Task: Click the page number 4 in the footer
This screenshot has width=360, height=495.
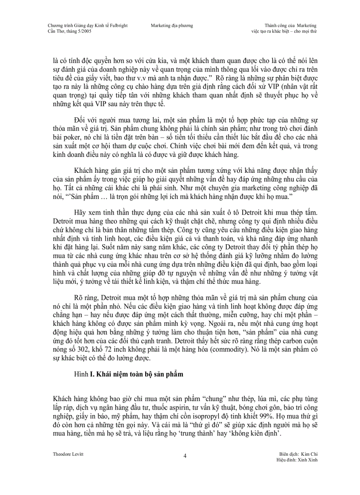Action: tap(185, 456)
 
